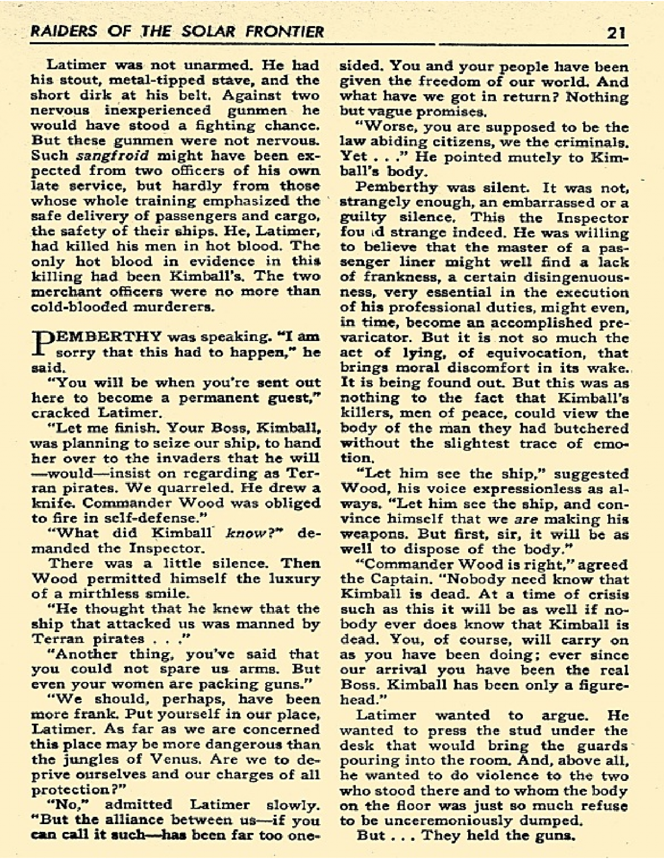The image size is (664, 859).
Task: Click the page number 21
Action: (x=615, y=32)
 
